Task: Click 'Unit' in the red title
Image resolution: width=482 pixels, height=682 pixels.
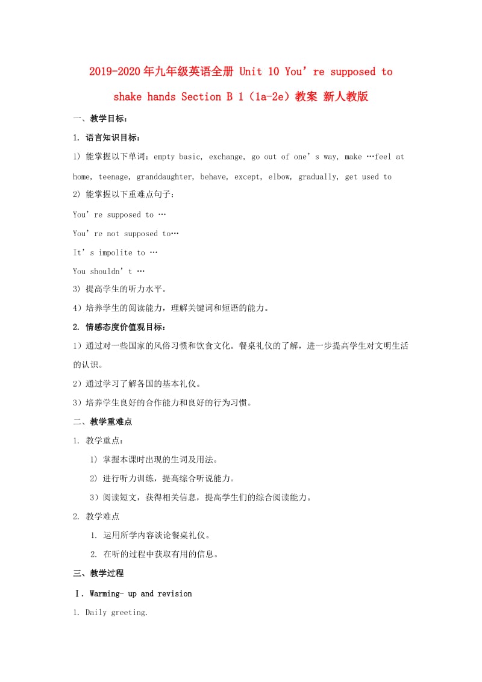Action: [251, 72]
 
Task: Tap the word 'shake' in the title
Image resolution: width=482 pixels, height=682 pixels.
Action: [130, 96]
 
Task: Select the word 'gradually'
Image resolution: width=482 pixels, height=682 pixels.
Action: [319, 177]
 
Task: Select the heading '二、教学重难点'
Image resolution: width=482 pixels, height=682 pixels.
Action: [102, 422]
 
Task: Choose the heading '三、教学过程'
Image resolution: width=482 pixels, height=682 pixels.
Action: [98, 573]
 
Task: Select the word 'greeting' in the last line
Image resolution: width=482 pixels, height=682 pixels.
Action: [130, 613]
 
